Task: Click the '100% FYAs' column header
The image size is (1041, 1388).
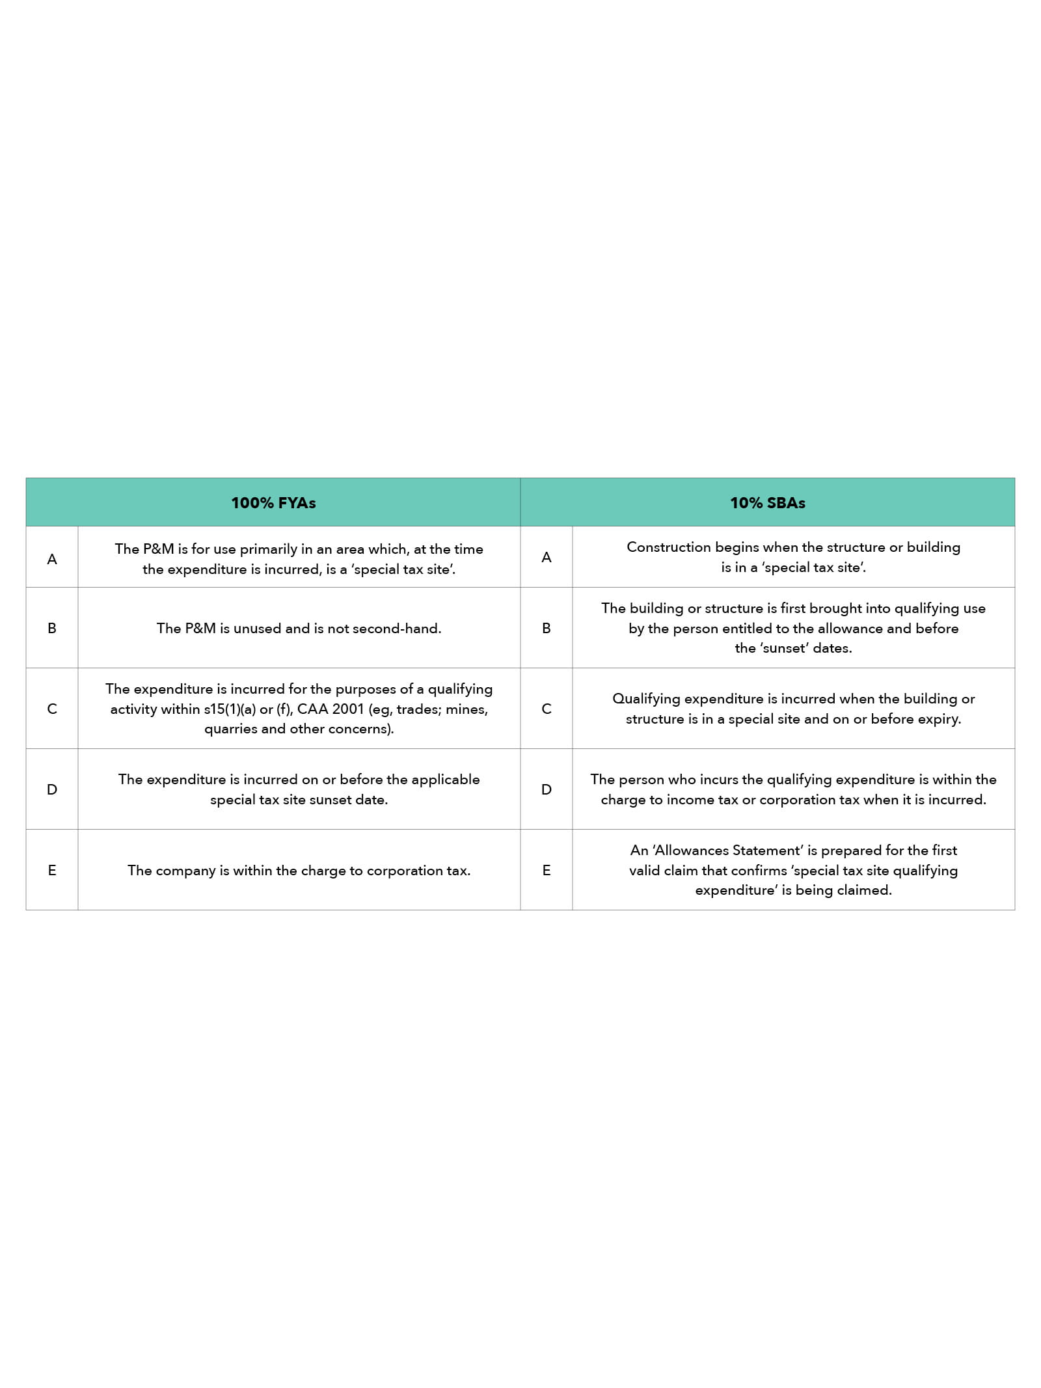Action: coord(273,503)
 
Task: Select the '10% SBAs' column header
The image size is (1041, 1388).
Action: coord(768,503)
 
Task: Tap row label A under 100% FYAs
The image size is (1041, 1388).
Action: coord(52,559)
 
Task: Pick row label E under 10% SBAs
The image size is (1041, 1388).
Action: coord(547,870)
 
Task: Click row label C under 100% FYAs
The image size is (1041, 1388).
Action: coord(52,709)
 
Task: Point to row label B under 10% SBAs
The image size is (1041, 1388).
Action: coord(547,628)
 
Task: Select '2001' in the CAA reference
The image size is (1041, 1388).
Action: coord(347,709)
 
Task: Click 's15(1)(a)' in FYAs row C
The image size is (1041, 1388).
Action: coord(230,709)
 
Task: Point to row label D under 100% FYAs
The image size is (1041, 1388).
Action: coord(52,789)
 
